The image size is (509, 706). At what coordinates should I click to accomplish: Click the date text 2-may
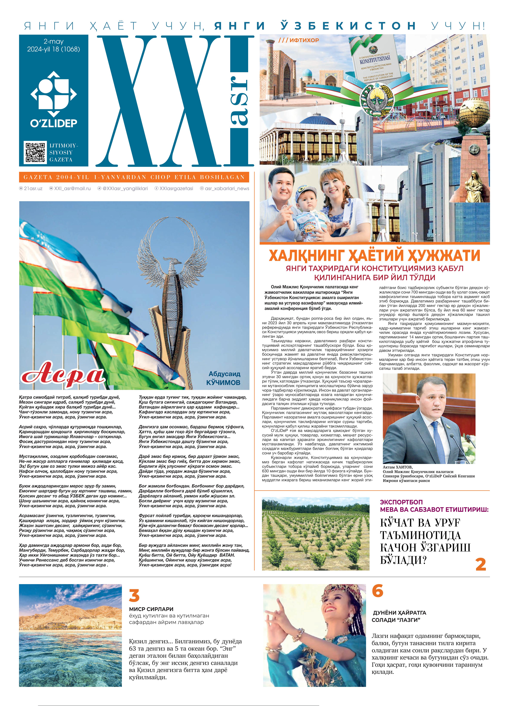(x=54, y=41)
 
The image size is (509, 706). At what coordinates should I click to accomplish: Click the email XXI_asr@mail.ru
(x=72, y=188)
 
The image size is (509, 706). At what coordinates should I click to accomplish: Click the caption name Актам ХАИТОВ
(x=398, y=467)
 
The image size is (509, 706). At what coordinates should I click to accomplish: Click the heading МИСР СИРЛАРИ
(x=151, y=609)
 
